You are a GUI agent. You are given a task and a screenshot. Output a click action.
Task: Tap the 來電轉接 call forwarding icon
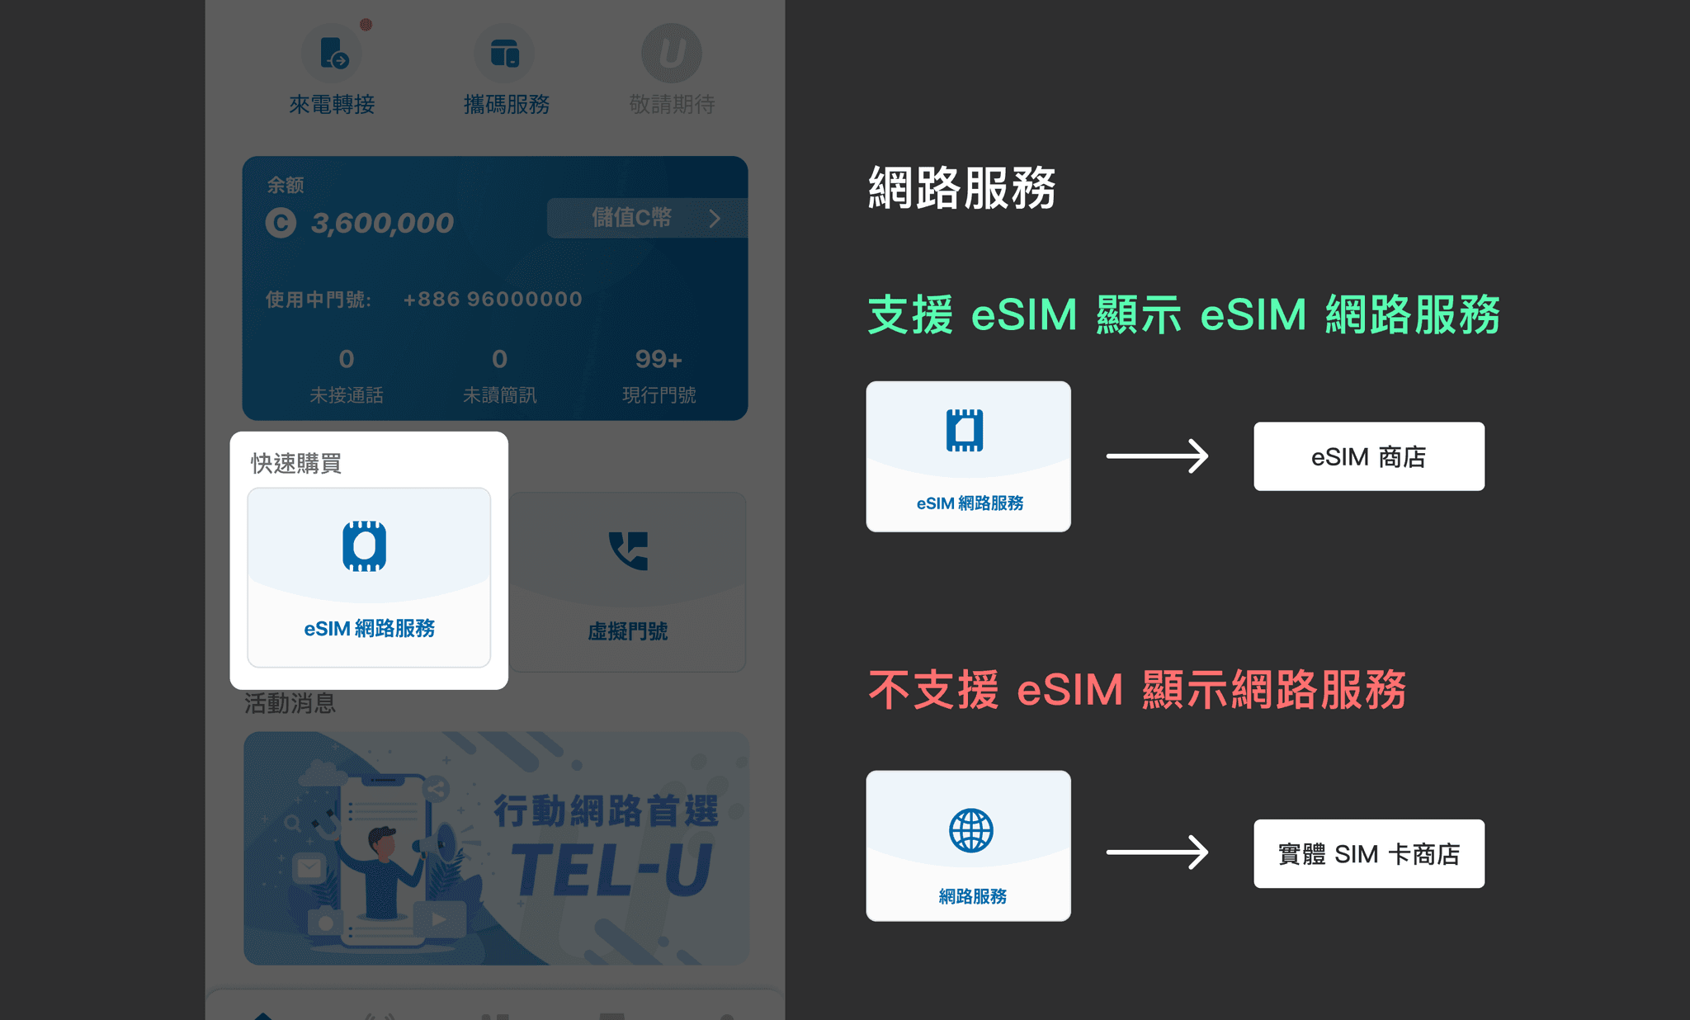[x=332, y=54]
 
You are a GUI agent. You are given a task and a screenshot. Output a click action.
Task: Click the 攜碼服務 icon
[x=504, y=54]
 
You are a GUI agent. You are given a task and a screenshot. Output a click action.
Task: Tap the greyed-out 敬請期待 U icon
[x=672, y=54]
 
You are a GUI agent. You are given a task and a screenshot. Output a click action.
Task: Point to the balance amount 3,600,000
[x=381, y=223]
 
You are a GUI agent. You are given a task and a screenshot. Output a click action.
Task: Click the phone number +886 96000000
[x=493, y=299]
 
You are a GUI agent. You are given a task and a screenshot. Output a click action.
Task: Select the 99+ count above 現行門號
[x=659, y=359]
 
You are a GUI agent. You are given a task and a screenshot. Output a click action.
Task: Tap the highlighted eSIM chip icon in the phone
[x=365, y=546]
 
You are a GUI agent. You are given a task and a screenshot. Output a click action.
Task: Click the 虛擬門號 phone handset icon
[x=629, y=550]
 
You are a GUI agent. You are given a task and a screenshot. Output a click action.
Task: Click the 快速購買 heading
[x=296, y=463]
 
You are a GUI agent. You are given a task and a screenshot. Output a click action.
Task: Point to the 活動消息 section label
[x=290, y=703]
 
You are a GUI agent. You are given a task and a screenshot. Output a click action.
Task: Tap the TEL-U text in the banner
[x=611, y=870]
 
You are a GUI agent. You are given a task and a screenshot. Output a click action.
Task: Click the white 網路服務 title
[x=962, y=187]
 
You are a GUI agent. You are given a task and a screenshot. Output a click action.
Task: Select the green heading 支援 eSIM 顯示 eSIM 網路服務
[x=1183, y=314]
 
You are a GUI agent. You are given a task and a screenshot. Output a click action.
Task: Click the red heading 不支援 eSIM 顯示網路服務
[x=1137, y=690]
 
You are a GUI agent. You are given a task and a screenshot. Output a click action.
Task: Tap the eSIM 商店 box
[x=1368, y=456]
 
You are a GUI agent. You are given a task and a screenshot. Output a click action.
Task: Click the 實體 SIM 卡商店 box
[x=1368, y=853]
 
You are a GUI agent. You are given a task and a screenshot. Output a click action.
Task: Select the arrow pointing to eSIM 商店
[x=1157, y=456]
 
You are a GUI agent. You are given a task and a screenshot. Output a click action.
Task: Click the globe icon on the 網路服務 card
[x=971, y=830]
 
